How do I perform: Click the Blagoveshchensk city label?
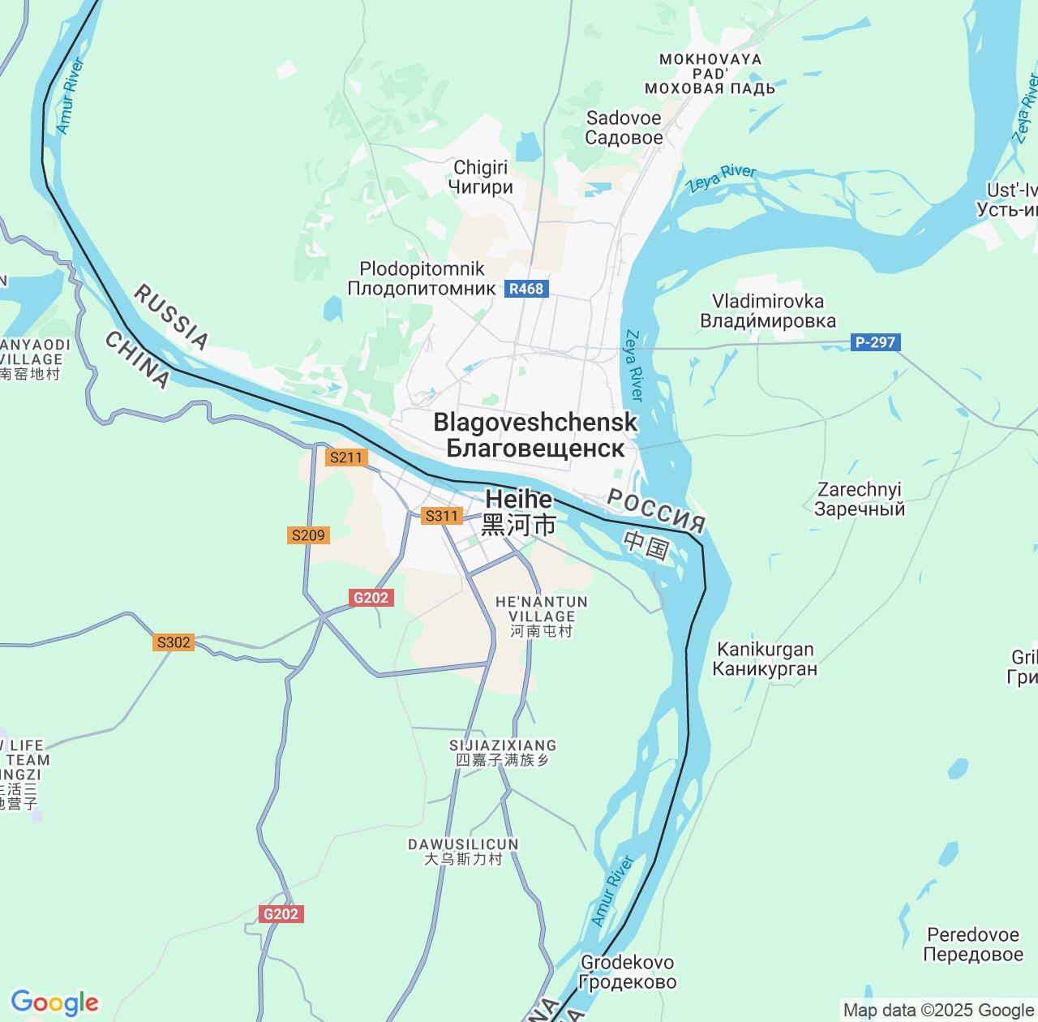(535, 435)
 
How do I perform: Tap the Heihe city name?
(519, 512)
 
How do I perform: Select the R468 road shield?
(526, 289)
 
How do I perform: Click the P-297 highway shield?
(875, 342)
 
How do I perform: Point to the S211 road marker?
(345, 457)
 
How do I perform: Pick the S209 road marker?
(308, 535)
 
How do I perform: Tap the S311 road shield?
(442, 516)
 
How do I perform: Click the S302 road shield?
(174, 642)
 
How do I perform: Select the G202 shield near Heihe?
(371, 598)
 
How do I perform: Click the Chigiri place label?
(481, 177)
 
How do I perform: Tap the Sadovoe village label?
(624, 127)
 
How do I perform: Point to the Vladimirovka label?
(767, 311)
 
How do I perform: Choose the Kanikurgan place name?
(765, 659)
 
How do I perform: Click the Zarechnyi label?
(860, 499)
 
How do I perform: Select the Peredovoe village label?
(972, 944)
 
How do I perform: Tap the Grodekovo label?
(628, 972)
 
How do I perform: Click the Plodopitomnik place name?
(422, 278)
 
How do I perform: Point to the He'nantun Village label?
(541, 616)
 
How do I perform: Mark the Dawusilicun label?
(463, 852)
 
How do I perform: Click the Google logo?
(54, 1003)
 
